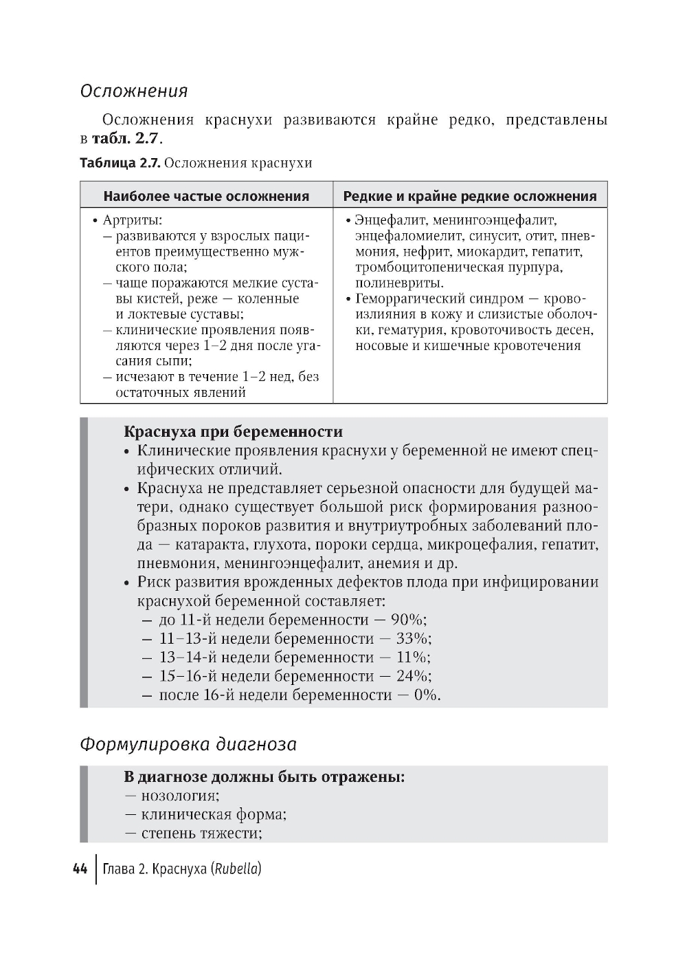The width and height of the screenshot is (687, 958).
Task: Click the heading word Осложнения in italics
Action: (x=134, y=91)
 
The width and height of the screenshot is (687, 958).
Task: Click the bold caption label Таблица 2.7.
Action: (x=120, y=163)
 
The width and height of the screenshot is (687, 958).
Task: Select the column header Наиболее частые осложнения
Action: (x=206, y=196)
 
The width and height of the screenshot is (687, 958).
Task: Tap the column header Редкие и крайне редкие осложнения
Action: (x=470, y=196)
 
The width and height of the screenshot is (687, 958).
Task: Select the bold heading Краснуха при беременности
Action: (x=233, y=432)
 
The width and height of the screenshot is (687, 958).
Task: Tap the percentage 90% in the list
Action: (x=408, y=620)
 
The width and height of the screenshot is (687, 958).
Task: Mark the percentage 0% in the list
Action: (x=422, y=695)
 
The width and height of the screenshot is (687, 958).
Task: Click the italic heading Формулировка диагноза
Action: (x=188, y=745)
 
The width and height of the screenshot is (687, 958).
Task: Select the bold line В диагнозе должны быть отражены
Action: (x=264, y=777)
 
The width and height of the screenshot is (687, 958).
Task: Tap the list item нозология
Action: (x=179, y=796)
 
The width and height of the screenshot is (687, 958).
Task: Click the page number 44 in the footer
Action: (x=80, y=869)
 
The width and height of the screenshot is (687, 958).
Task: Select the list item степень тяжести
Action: (x=201, y=834)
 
